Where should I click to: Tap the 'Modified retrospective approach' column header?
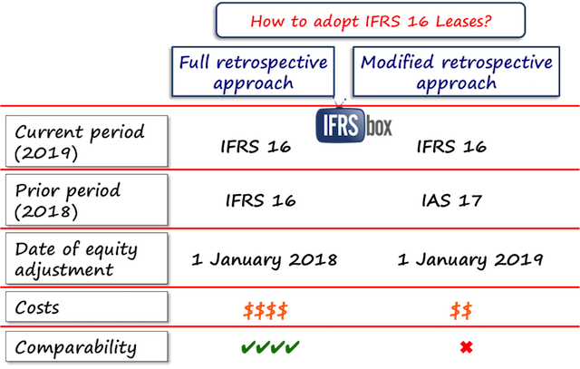point(455,72)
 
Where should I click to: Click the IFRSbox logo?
point(354,127)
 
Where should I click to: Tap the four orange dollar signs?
point(265,310)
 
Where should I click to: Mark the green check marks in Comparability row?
point(270,345)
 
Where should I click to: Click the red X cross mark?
point(465,345)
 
